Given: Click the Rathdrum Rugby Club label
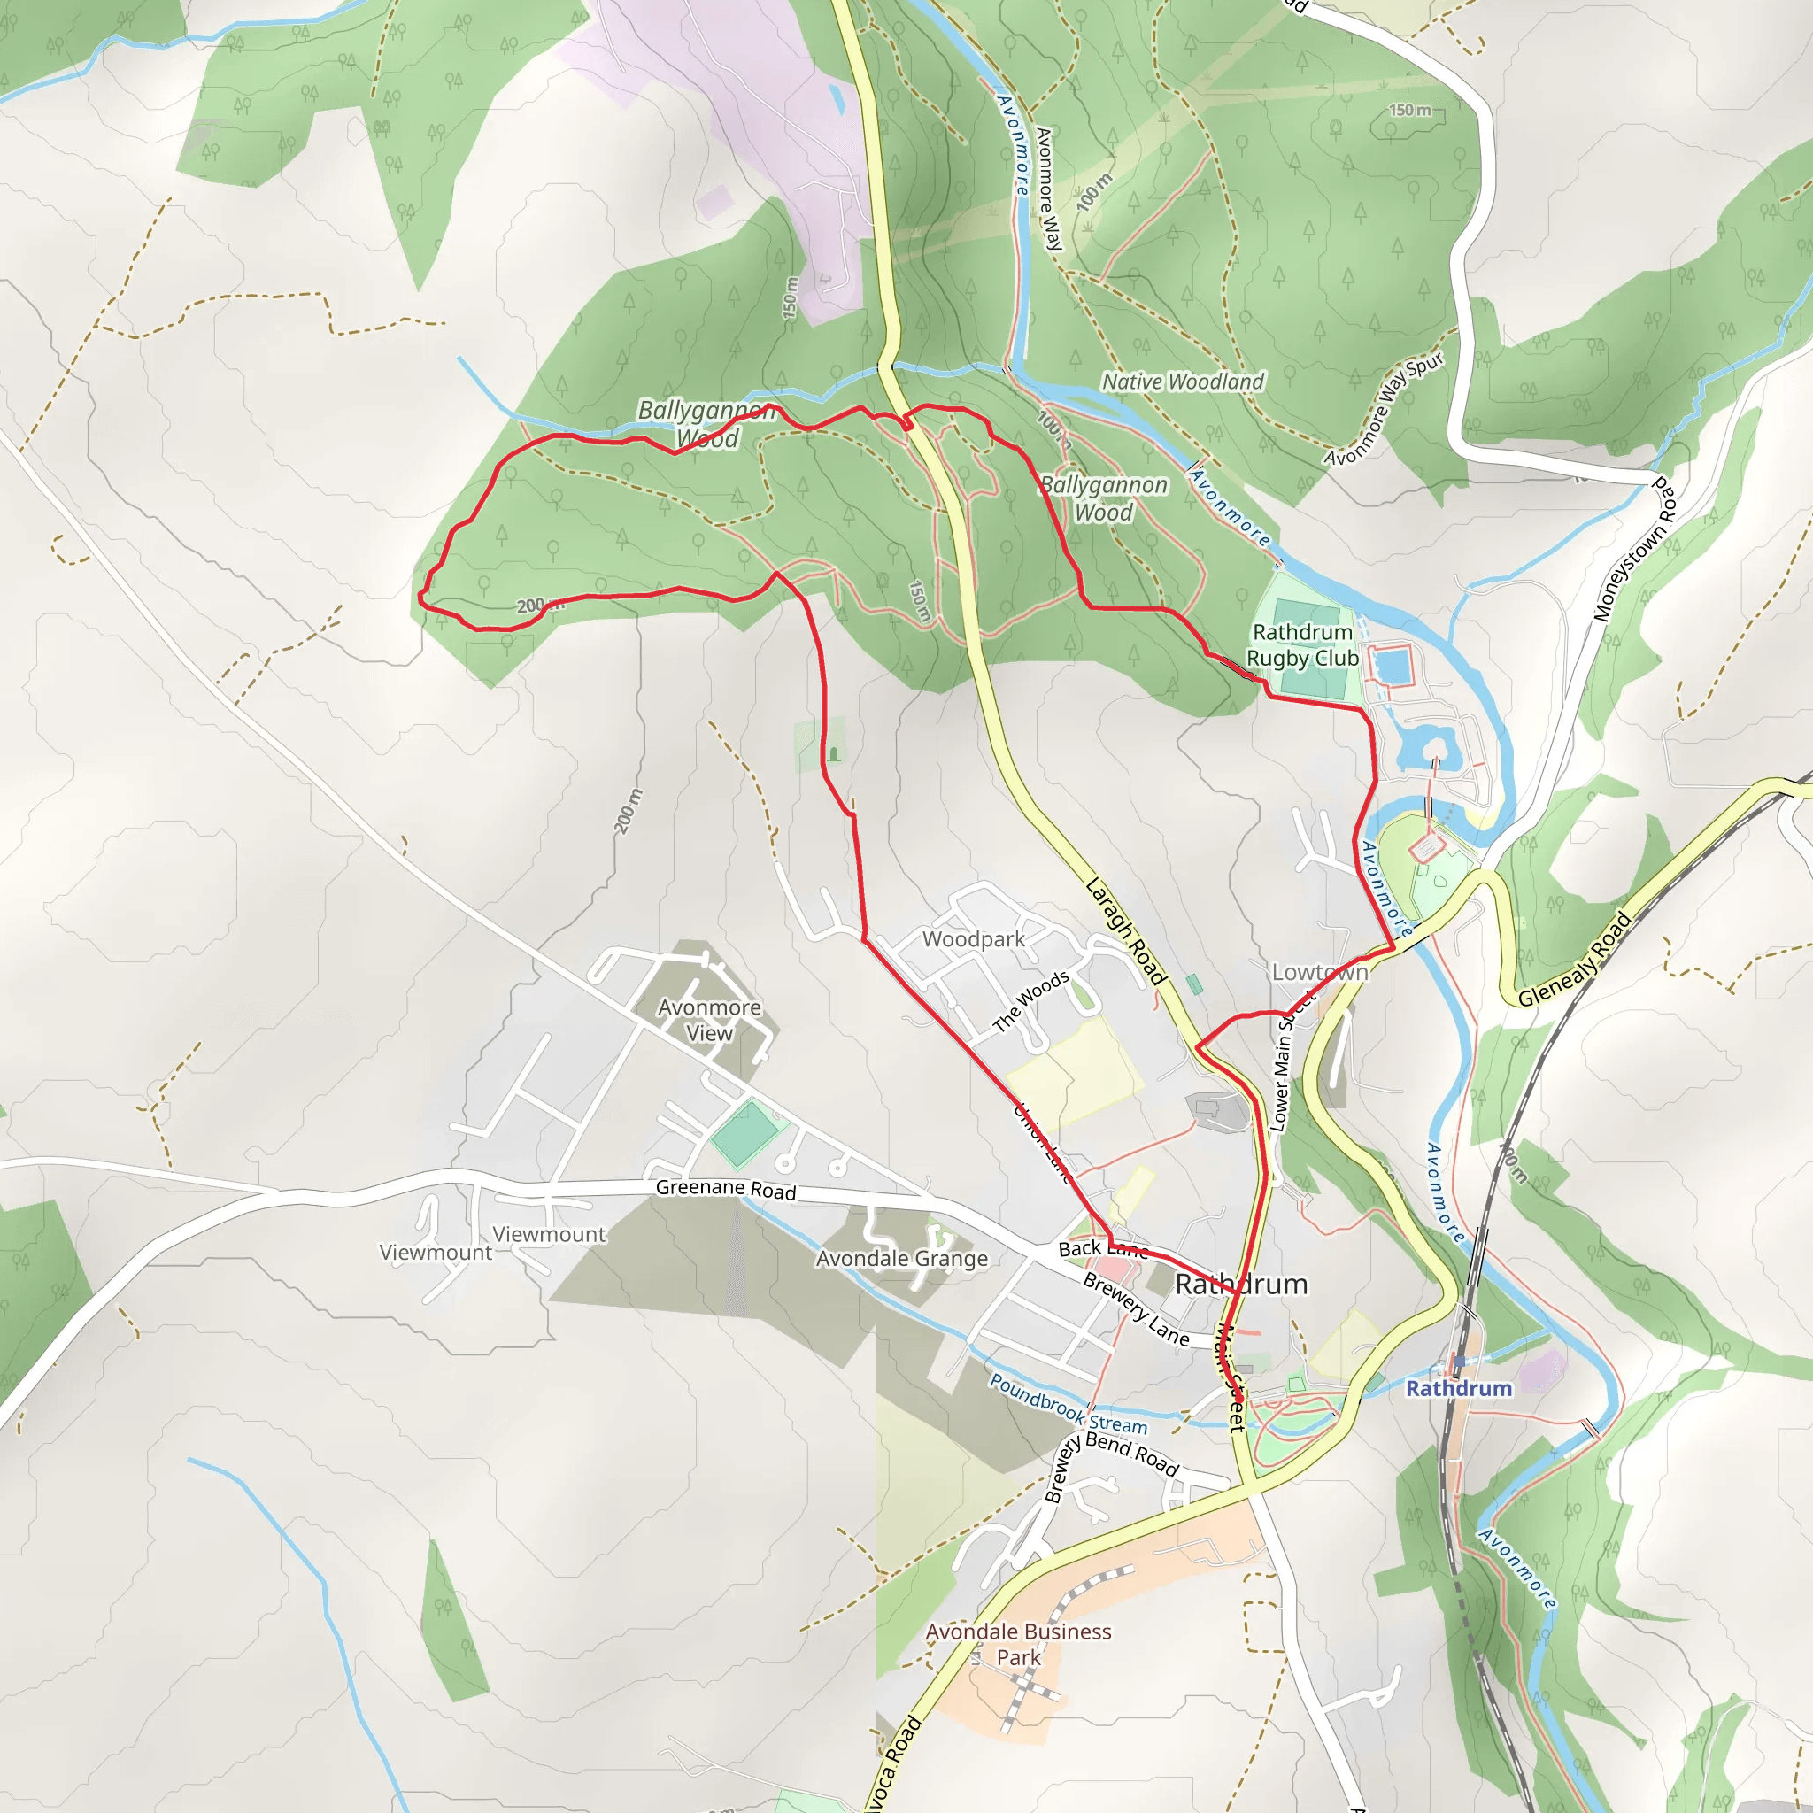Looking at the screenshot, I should coord(1301,645).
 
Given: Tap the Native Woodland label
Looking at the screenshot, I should coord(1183,382).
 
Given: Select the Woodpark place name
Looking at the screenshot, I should coord(972,939).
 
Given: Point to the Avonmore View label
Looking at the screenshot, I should coord(709,1020).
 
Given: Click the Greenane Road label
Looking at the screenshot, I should coord(725,1189).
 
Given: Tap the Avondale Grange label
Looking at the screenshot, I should coord(902,1259).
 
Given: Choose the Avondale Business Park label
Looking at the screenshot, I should coord(1018,1644).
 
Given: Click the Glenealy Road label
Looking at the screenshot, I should coord(1575,960).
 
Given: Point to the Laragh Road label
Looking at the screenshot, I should coord(1125,931).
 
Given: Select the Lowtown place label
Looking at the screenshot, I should coord(1319,972).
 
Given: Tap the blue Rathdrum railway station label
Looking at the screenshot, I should coord(1458,1388).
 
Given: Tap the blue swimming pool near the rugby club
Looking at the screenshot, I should coord(1393,666).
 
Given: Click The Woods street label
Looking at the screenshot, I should coord(1030,1001).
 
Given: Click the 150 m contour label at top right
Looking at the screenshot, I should coord(1410,111).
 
